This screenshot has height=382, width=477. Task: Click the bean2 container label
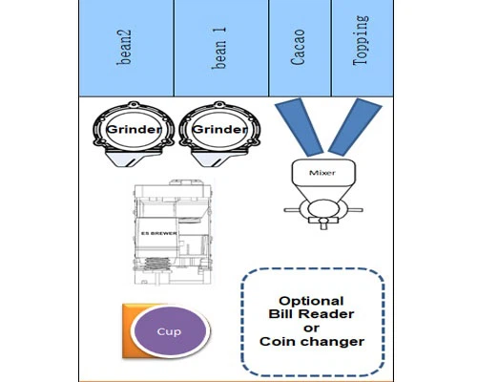124,48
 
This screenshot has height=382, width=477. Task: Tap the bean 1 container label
219,48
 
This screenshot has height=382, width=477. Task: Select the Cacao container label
298,48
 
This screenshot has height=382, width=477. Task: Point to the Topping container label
361,40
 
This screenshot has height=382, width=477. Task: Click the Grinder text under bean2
134,129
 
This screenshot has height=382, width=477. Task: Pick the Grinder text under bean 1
219,129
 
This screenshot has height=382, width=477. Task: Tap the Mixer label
322,173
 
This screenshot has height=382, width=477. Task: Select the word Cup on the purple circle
169,331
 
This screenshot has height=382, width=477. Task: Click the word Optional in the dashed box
311,301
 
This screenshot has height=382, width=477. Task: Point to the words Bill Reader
311,314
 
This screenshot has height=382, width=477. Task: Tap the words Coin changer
312,342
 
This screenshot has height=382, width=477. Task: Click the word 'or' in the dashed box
311,329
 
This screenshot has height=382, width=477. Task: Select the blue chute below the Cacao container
300,127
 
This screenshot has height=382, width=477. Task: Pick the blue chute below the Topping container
355,127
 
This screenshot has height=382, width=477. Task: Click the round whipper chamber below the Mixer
323,209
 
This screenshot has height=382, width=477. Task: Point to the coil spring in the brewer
156,265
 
